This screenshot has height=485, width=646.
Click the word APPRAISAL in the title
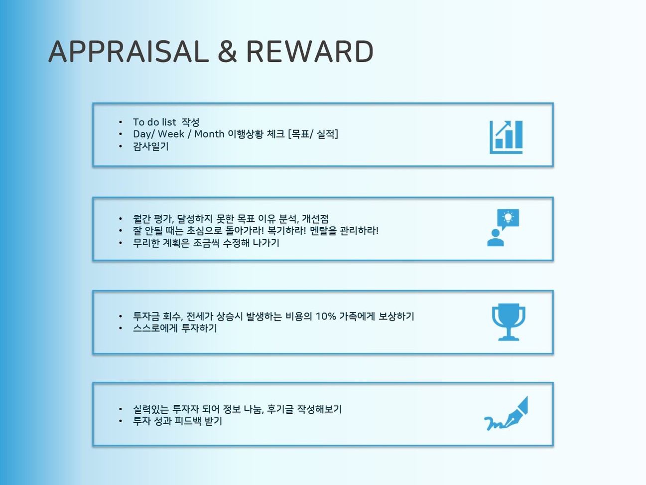coord(129,51)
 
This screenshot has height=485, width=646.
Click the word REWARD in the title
coord(310,51)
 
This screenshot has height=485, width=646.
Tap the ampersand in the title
coord(227,51)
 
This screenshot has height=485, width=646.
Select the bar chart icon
coord(506,137)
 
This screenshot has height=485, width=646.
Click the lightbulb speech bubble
coord(508,218)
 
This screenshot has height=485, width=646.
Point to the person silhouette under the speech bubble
coord(496,238)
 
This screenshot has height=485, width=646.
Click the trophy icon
coord(509,322)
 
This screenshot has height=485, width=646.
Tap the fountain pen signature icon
coord(506,413)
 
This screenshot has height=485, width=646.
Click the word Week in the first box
coord(171,134)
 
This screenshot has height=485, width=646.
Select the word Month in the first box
coord(209,134)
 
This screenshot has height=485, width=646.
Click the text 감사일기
coord(151,147)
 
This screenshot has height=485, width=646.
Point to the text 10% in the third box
coord(326,316)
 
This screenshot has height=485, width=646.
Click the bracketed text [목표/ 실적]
coord(313,134)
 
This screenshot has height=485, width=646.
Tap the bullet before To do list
coord(121,122)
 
